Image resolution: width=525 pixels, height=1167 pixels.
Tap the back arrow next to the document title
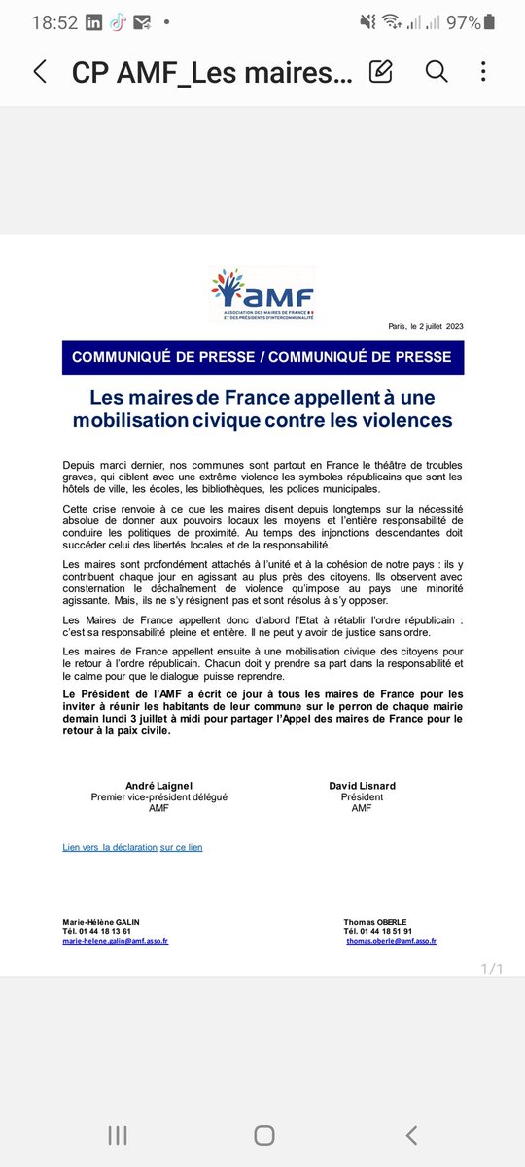point(40,71)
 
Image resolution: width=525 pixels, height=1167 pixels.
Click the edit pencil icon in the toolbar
point(381,71)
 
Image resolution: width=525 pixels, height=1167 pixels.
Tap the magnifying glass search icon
point(437,71)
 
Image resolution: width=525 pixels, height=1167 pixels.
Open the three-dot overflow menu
point(483,71)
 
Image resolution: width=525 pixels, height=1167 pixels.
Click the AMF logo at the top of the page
point(262,295)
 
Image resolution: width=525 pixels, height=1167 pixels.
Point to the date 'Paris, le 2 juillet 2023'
point(426,326)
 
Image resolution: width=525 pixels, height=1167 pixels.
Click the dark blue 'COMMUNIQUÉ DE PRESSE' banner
point(262,357)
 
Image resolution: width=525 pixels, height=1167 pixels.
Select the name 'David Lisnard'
point(362,785)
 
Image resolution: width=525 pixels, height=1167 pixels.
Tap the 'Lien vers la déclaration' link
point(110,848)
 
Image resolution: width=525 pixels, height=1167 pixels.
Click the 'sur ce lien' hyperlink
point(182,848)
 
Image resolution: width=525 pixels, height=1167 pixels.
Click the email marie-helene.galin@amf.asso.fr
point(115,941)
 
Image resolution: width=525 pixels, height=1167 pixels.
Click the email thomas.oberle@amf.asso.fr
point(391,941)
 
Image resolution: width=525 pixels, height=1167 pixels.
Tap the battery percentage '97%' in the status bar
point(464,22)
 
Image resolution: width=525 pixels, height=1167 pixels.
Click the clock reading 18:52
point(54,22)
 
